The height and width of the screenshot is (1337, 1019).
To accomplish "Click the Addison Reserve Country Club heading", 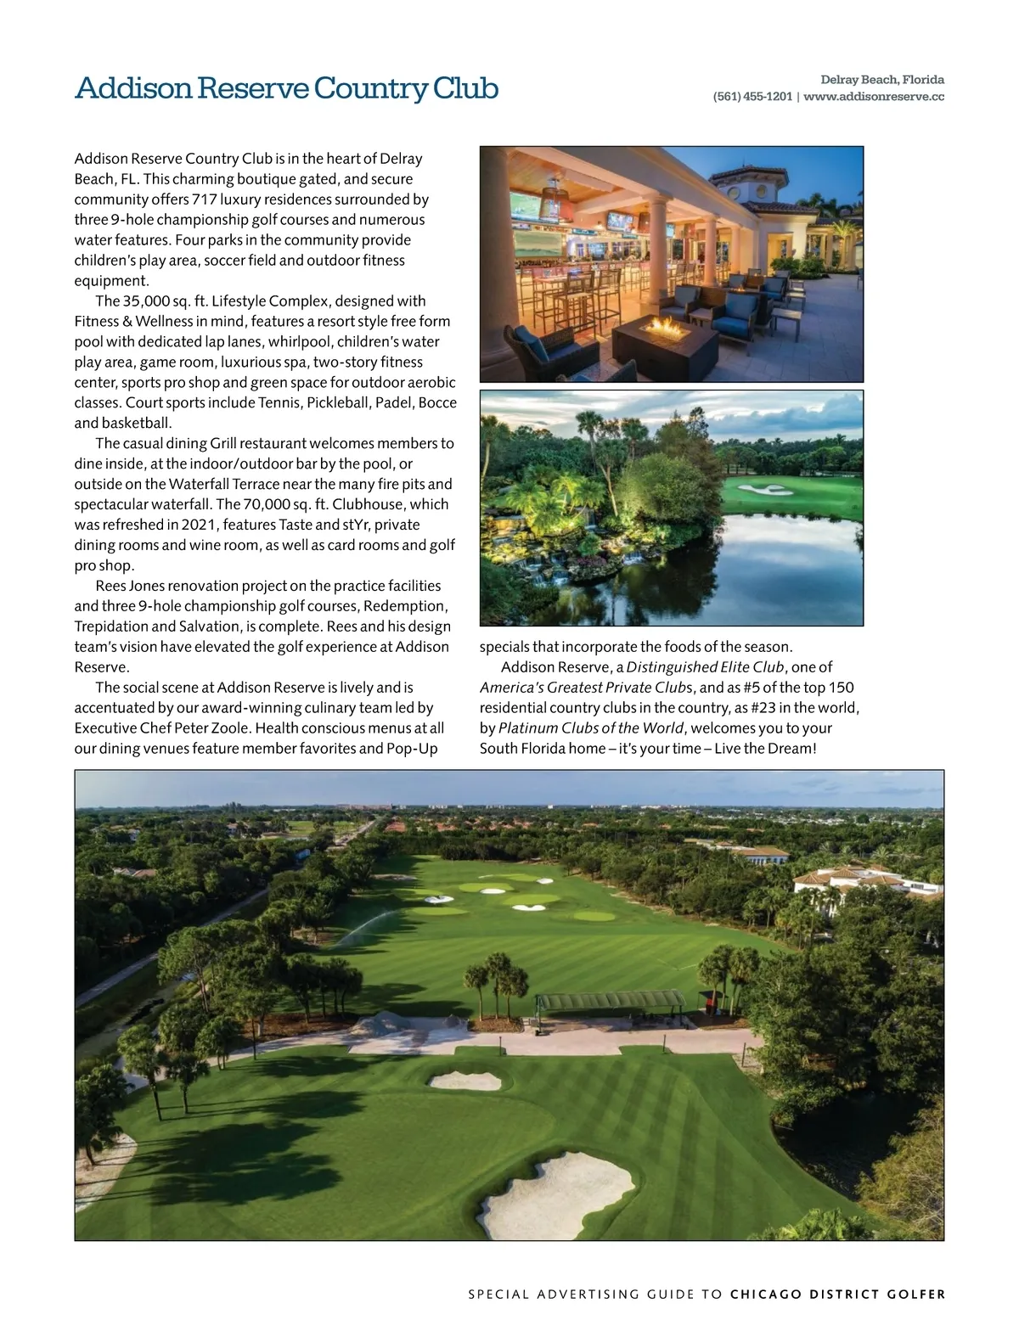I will point(286,88).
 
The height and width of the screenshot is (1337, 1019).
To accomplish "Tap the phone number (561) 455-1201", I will point(752,97).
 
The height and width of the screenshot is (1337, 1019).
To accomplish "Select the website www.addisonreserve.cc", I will point(874,97).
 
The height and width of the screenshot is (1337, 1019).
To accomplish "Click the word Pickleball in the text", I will point(338,402).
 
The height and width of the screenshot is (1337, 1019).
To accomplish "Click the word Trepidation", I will point(110,626).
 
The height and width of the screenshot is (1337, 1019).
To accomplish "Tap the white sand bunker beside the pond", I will point(763,489).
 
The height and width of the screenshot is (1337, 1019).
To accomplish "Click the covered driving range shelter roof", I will point(611,999).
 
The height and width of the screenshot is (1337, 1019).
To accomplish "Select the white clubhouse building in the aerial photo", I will point(866,882).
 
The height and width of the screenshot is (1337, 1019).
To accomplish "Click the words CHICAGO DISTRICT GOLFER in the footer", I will point(837,1295).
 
